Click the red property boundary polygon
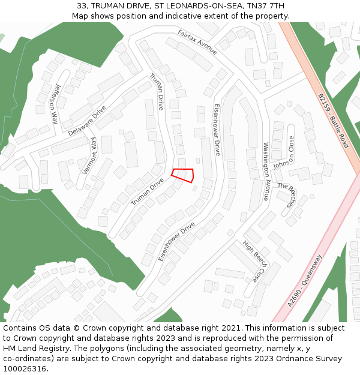[x=183, y=175]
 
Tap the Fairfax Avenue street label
[x=197, y=41]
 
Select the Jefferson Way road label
[x=56, y=103]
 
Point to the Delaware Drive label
[x=87, y=121]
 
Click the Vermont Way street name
[x=89, y=155]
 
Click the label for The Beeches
[x=287, y=196]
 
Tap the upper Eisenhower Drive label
[x=217, y=130]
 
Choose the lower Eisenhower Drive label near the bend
[x=176, y=241]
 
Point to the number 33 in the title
[x=82, y=6]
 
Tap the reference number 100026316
[x=25, y=368]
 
